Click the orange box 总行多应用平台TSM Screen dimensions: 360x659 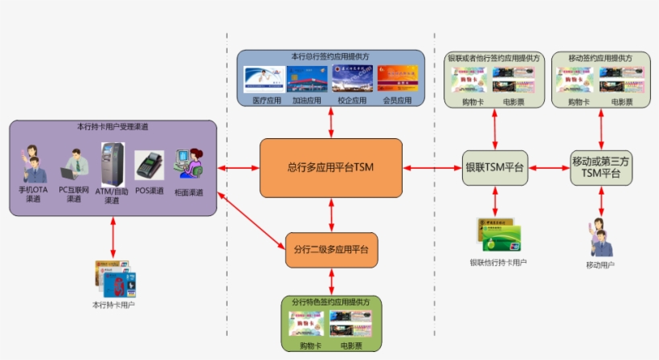[x=330, y=167]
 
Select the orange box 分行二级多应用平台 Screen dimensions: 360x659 [x=331, y=250]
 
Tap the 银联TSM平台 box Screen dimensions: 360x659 [x=495, y=168]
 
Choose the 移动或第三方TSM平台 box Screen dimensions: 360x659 [x=600, y=167]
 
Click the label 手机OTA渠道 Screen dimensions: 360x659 [x=33, y=194]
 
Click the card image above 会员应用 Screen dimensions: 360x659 [x=397, y=80]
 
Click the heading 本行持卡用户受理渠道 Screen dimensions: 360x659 [x=113, y=127]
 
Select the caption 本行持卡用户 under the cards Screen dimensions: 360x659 [x=113, y=305]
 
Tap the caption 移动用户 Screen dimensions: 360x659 [x=600, y=264]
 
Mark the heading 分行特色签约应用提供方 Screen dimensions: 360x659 [x=331, y=302]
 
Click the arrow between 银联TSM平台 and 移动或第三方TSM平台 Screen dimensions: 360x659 [x=548, y=168]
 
